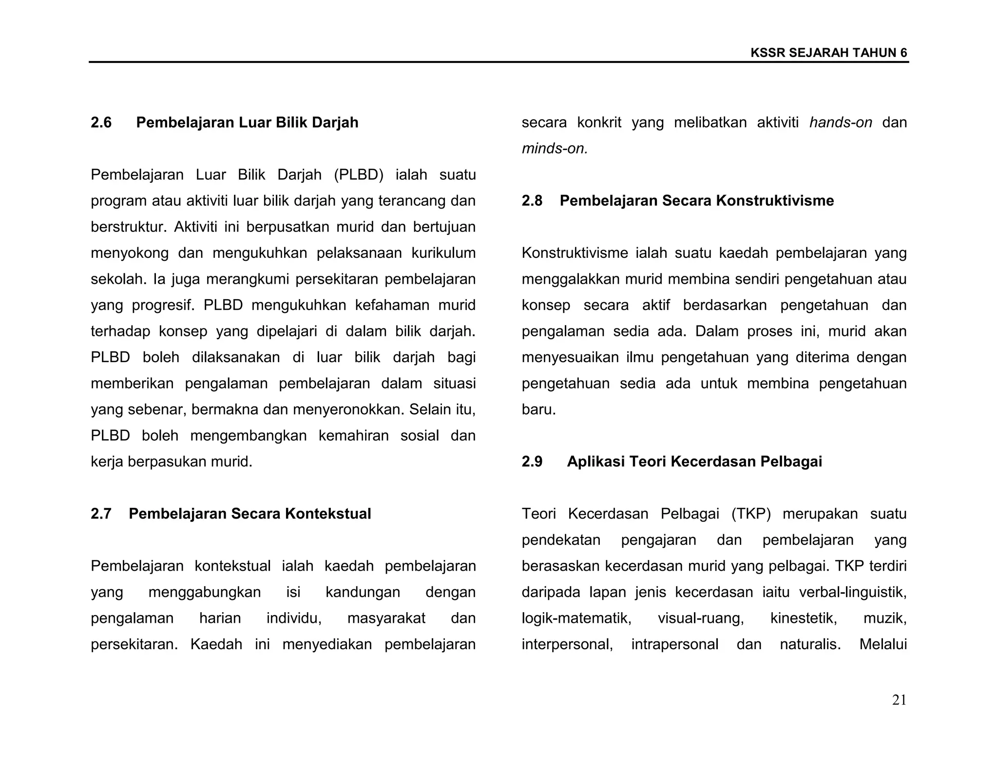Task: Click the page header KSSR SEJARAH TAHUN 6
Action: (828, 53)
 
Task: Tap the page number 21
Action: (899, 700)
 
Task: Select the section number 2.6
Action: (101, 122)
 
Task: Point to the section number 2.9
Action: (532, 462)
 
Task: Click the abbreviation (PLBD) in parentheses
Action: (359, 174)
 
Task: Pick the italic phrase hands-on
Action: (841, 122)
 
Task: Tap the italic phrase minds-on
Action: (555, 149)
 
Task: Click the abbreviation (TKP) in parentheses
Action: (751, 514)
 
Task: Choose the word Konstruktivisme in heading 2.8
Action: (768, 201)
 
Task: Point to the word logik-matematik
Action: (576, 618)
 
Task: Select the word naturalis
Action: (810, 644)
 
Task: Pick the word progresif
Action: (163, 305)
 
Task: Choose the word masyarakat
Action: (386, 618)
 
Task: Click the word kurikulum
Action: (443, 253)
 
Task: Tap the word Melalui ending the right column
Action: (883, 644)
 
